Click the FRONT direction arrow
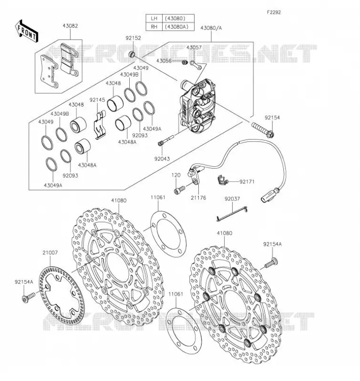26,31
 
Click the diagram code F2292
274,12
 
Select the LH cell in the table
154,19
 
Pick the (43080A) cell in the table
178,27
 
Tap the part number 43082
70,26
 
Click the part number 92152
134,38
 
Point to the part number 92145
97,100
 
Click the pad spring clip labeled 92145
100,125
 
